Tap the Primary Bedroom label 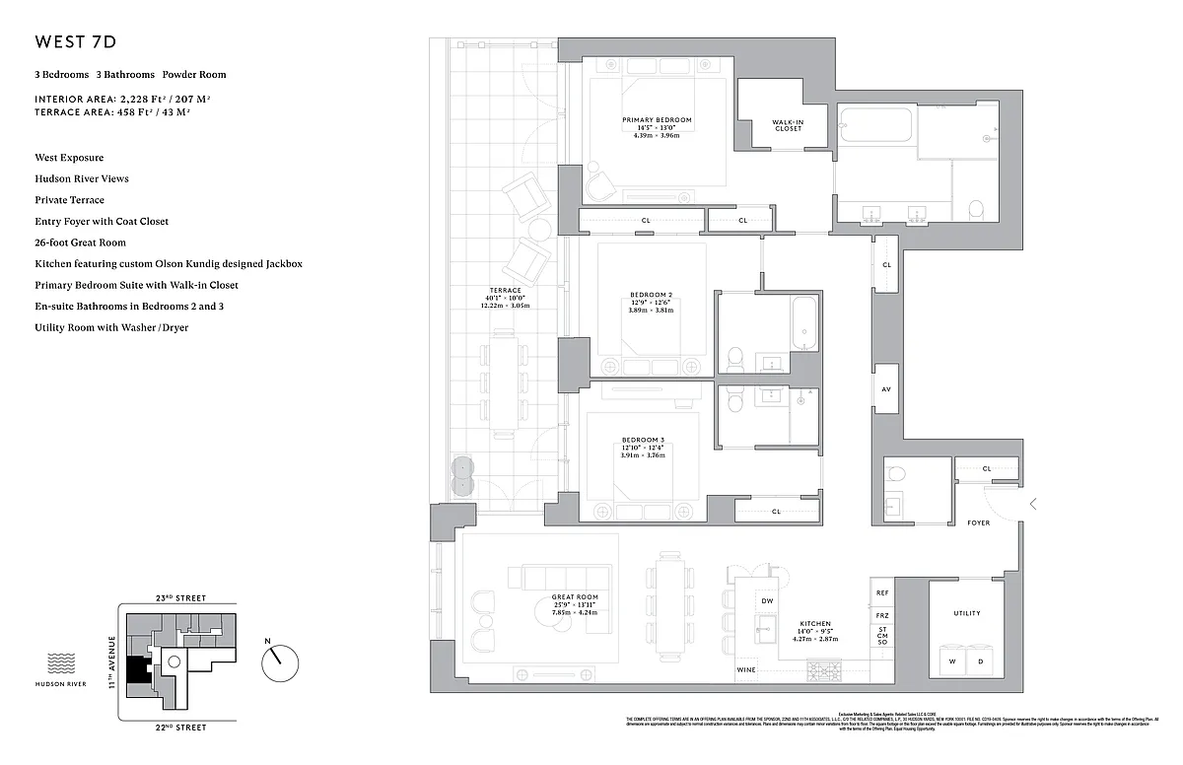pyautogui.click(x=657, y=120)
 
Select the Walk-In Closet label pyautogui.click(x=788, y=125)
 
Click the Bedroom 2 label pyautogui.click(x=651, y=295)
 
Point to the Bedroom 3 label pyautogui.click(x=643, y=440)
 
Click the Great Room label pyautogui.click(x=575, y=596)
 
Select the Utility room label pyautogui.click(x=967, y=613)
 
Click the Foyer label pyautogui.click(x=978, y=522)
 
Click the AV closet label pyautogui.click(x=886, y=389)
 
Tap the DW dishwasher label pyautogui.click(x=767, y=601)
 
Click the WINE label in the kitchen pyautogui.click(x=748, y=670)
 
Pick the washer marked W pyautogui.click(x=953, y=661)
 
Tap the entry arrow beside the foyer pyautogui.click(x=1032, y=504)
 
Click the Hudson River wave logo pyautogui.click(x=62, y=661)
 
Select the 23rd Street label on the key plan pyautogui.click(x=178, y=597)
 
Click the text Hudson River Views pyautogui.click(x=82, y=178)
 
